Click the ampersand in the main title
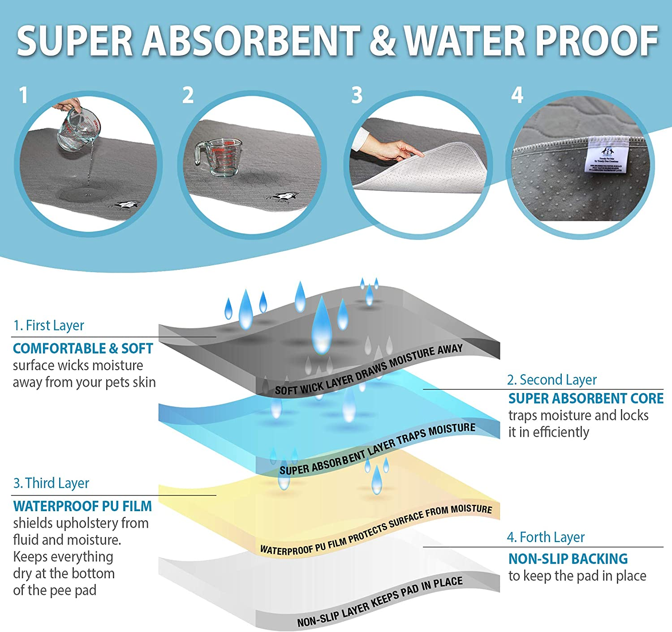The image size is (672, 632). tap(382, 41)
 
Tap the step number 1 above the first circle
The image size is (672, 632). tap(23, 95)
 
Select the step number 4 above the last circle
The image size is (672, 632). tap(517, 95)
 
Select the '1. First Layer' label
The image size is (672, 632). tap(48, 325)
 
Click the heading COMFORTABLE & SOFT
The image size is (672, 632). tap(83, 348)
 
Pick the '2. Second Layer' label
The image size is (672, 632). tap(551, 380)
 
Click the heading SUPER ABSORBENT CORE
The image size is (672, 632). tap(586, 398)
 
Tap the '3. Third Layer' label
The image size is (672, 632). tap(51, 483)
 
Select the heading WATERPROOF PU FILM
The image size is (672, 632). tap(82, 506)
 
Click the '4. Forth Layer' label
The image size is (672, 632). tap(546, 537)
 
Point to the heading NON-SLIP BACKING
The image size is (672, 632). tap(568, 559)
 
